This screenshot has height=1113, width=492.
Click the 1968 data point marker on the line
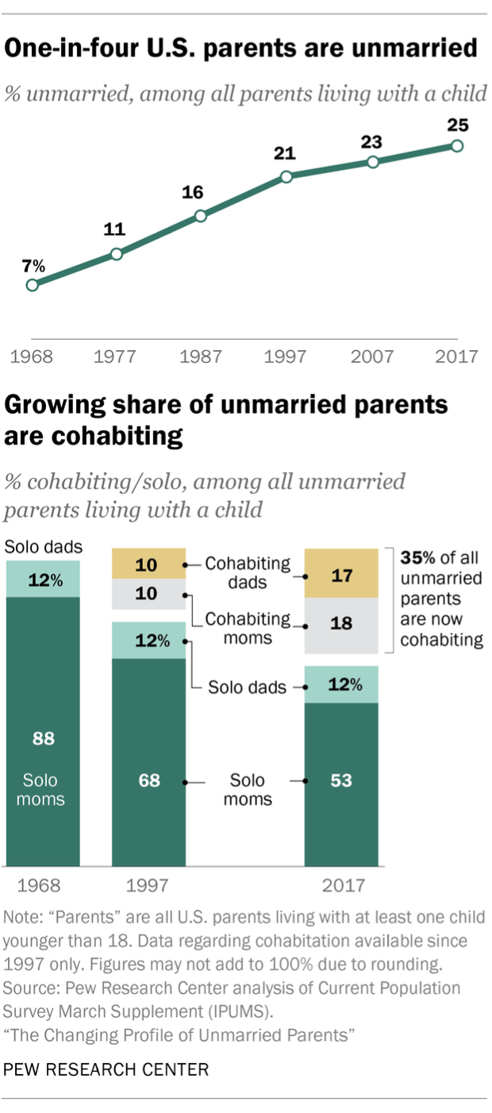(x=32, y=285)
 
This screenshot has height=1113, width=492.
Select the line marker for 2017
(x=456, y=145)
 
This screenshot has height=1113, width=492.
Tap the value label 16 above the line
(x=192, y=192)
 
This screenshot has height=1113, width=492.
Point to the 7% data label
(x=33, y=265)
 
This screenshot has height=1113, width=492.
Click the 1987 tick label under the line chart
(x=201, y=356)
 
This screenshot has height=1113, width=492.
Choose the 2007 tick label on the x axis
(x=371, y=356)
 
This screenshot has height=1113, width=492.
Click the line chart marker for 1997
(x=286, y=176)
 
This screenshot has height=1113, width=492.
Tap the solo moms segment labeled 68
(x=148, y=762)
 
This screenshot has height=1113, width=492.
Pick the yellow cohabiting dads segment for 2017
(x=342, y=573)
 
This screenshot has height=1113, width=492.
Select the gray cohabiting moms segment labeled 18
(x=342, y=625)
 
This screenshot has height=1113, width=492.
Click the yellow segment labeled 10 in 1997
(x=148, y=565)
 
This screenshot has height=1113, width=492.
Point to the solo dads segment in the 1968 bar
(x=43, y=579)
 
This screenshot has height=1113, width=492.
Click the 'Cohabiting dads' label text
(x=248, y=572)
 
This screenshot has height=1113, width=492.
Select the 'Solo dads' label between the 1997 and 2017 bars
(x=247, y=687)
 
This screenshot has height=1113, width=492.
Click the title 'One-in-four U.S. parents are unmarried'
(x=241, y=49)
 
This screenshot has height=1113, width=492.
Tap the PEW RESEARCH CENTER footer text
(x=106, y=1069)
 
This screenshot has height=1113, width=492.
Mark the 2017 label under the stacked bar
(x=341, y=885)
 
